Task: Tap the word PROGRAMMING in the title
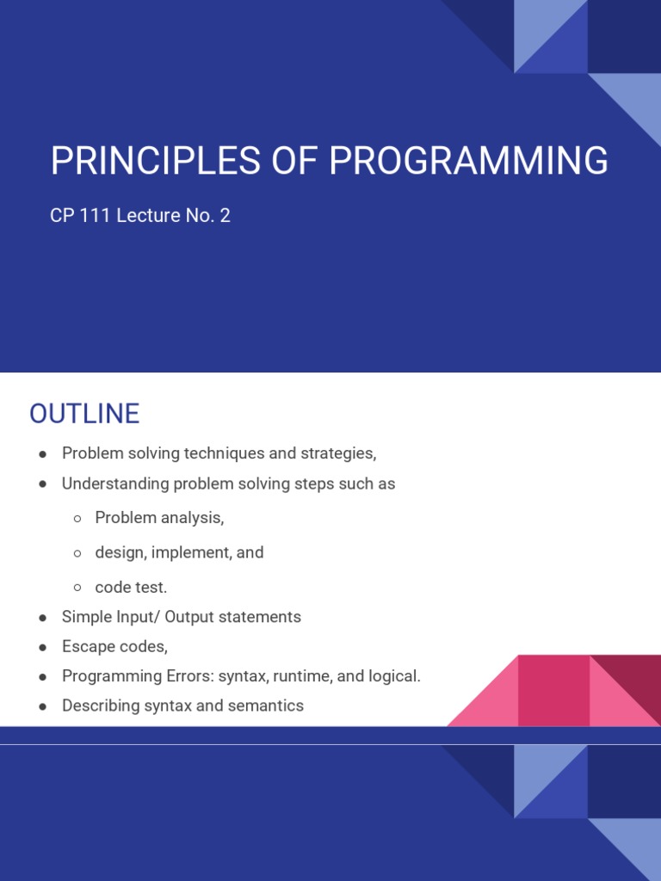coord(468,162)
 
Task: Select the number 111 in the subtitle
coord(96,215)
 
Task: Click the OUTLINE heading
coord(84,414)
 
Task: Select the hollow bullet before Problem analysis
coord(77,519)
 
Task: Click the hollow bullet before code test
coord(77,588)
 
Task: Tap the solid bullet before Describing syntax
coord(43,706)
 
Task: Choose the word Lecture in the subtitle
coord(148,215)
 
